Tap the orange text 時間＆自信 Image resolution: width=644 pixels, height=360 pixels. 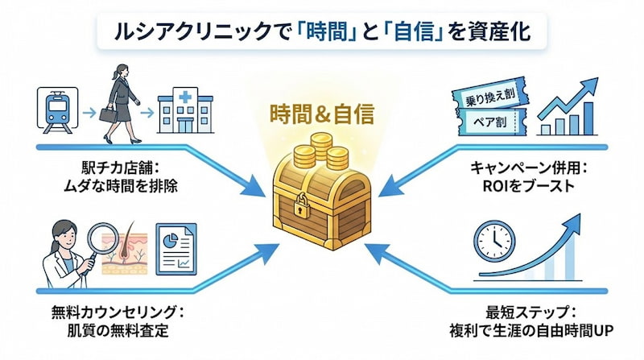click(x=321, y=115)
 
